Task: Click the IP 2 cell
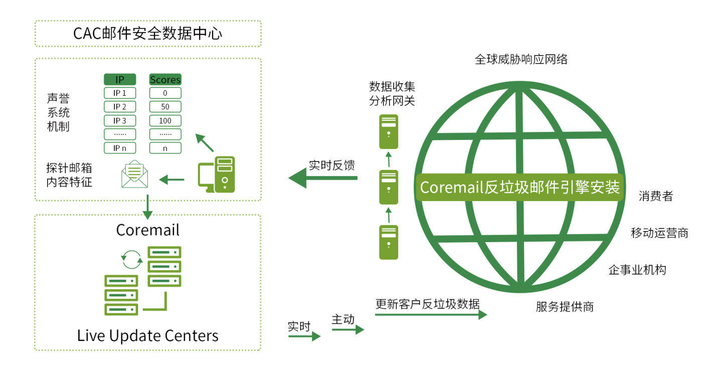[x=120, y=107]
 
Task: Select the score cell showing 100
[x=165, y=120]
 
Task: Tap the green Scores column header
[x=165, y=79]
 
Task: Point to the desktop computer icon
[x=217, y=174]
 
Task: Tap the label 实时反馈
[x=332, y=165]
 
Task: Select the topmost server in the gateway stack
[x=389, y=131]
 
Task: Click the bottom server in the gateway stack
[x=389, y=242]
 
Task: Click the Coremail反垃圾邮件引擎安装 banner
[x=519, y=188]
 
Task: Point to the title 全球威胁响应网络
[x=521, y=59]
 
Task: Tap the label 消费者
[x=655, y=196]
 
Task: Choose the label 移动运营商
[x=659, y=233]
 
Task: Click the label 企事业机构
[x=637, y=270]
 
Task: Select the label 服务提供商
[x=565, y=306]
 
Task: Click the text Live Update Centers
[x=148, y=335]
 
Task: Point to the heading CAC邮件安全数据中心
[x=148, y=34]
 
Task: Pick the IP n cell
[x=120, y=148]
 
